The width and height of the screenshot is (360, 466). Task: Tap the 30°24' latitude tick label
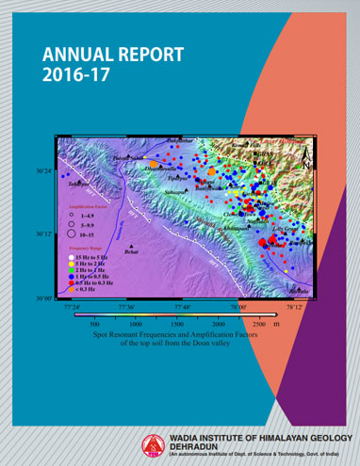click(x=44, y=171)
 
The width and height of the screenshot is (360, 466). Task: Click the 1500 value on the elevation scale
click(x=177, y=323)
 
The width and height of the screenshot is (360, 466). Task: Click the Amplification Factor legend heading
click(x=83, y=203)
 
